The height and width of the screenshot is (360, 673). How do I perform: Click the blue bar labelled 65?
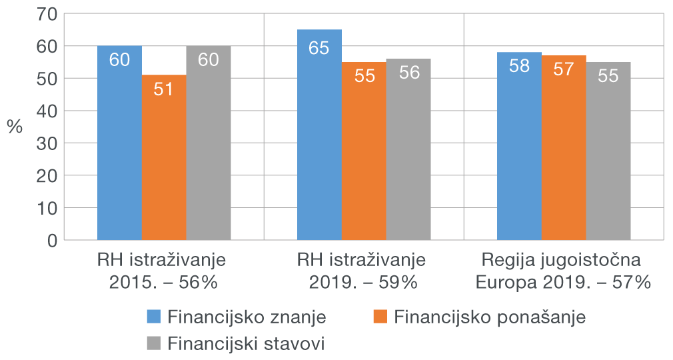click(x=319, y=134)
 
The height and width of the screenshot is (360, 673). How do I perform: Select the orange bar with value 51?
click(x=164, y=157)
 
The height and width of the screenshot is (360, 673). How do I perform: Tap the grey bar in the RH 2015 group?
click(x=209, y=143)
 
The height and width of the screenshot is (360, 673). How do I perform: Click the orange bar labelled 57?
click(x=564, y=147)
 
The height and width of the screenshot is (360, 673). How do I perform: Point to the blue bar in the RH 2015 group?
click(x=119, y=143)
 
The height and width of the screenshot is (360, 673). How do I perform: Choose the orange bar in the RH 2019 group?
click(x=364, y=151)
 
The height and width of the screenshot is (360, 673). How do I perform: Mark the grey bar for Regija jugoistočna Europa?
click(x=608, y=151)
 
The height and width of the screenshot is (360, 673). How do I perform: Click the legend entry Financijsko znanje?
click(x=247, y=317)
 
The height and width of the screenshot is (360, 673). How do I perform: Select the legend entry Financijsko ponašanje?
click(x=490, y=317)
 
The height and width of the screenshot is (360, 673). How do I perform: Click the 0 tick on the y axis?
click(x=52, y=239)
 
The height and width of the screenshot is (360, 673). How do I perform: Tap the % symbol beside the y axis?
click(x=15, y=127)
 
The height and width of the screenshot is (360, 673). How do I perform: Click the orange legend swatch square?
click(x=380, y=317)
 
